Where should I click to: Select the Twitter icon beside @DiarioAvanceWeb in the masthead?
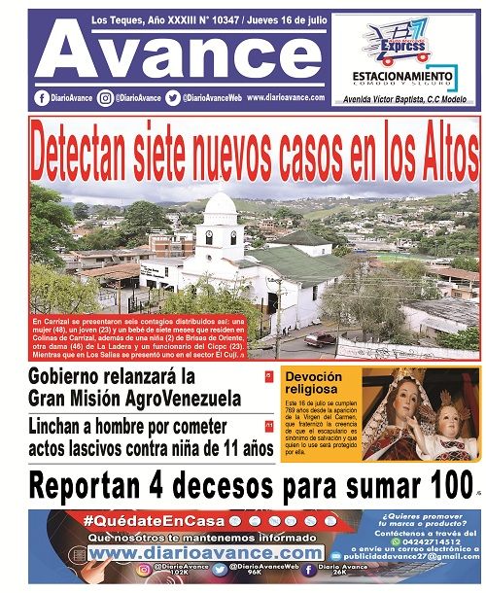pyautogui.click(x=173, y=98)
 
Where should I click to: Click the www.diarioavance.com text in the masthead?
pyautogui.click(x=286, y=98)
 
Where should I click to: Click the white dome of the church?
pyautogui.click(x=221, y=205)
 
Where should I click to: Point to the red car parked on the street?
pyautogui.click(x=320, y=339)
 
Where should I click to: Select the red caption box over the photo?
pyautogui.click(x=140, y=335)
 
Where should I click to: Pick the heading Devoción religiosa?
pyautogui.click(x=314, y=382)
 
